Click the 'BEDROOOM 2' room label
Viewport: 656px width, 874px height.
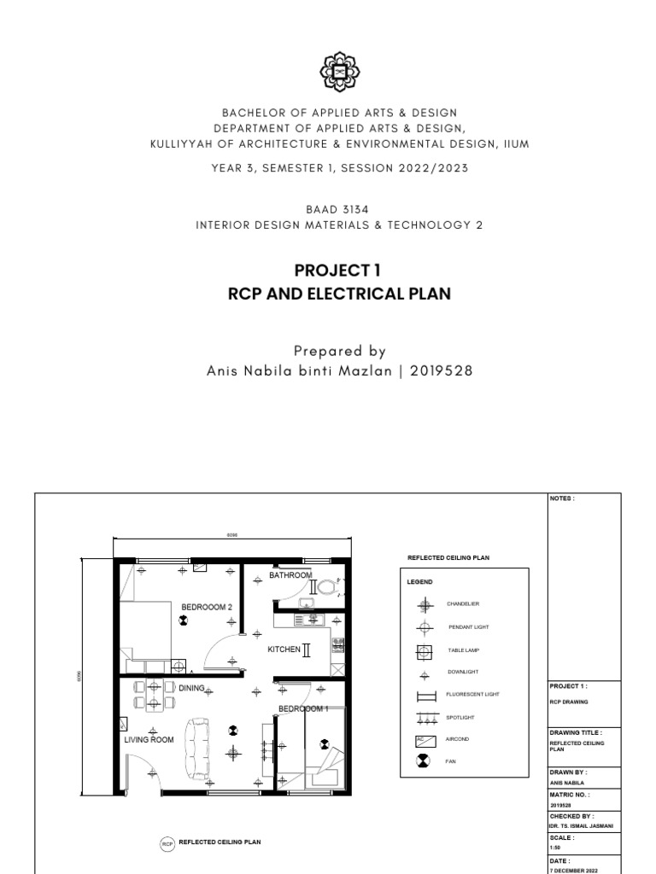click(x=206, y=607)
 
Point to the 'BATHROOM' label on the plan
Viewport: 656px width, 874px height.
click(x=290, y=575)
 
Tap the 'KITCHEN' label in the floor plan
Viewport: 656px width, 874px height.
click(x=284, y=650)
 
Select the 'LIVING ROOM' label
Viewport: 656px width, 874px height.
click(x=149, y=740)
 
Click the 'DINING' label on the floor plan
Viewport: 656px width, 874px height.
click(x=191, y=687)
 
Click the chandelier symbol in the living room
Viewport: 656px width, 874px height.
click(x=232, y=753)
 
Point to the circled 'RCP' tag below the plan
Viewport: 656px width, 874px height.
click(x=167, y=843)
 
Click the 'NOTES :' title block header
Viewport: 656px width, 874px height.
click(x=562, y=498)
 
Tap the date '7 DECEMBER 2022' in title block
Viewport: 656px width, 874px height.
click(x=574, y=869)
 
